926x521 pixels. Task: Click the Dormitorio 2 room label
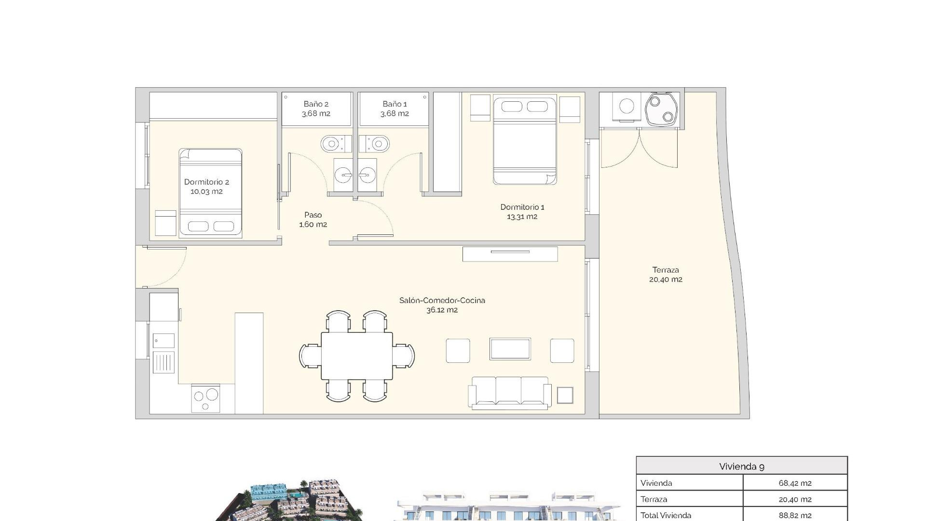coord(206,187)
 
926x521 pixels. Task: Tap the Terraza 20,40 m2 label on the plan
coord(666,274)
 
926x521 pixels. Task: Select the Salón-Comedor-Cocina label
coord(442,305)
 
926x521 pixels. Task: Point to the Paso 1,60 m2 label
coord(313,219)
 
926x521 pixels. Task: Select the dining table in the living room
coord(357,356)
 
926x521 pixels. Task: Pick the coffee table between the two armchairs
coord(510,349)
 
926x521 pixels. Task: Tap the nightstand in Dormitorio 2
coord(165,223)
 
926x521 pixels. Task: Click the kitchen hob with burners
coord(205,398)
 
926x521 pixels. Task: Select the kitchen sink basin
coord(163,341)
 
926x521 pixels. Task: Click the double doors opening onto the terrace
coord(639,149)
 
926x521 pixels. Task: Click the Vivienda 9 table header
coord(741,466)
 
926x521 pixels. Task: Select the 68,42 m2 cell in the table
coord(795,483)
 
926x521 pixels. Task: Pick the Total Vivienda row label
coord(666,515)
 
